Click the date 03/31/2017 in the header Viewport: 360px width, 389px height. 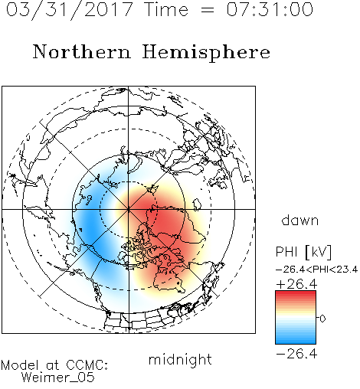(x=69, y=10)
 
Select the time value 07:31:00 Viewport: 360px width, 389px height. (x=270, y=9)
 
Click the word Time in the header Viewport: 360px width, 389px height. (x=166, y=9)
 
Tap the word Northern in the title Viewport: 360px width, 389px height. (x=81, y=52)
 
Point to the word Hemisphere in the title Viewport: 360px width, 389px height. (x=206, y=53)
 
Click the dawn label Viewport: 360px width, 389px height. (x=300, y=220)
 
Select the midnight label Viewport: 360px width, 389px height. (x=180, y=359)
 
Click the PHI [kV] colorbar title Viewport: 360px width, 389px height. (x=303, y=252)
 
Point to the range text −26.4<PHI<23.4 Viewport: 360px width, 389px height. (x=316, y=270)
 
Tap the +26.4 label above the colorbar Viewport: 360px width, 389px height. (x=296, y=284)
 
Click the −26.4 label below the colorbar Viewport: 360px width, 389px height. (x=296, y=354)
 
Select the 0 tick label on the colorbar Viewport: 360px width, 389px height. (x=322, y=319)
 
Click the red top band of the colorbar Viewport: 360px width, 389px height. (x=296, y=294)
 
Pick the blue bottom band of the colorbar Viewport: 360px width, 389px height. (x=296, y=341)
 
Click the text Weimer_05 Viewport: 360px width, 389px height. (x=58, y=377)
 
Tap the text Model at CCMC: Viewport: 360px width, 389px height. (x=54, y=365)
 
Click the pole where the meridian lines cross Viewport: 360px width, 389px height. (x=129, y=210)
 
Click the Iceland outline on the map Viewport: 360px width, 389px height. (x=197, y=204)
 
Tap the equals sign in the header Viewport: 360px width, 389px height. (x=207, y=10)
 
